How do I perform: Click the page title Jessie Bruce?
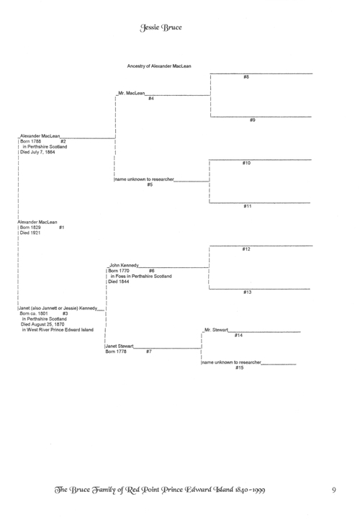161,27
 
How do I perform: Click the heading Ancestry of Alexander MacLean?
159,66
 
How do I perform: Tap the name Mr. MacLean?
132,93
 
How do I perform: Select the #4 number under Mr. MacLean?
151,99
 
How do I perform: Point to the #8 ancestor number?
246,77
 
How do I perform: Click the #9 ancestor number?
253,120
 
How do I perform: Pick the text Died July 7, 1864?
37,152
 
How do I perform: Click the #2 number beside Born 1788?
63,141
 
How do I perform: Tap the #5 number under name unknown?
150,184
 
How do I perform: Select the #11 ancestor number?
248,206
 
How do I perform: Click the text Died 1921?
30,233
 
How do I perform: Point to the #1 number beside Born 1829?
62,228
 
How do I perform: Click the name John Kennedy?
125,265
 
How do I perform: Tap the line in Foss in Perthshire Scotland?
141,277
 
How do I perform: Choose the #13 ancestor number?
248,292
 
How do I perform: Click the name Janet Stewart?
120,346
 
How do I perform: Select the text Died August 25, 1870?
42,324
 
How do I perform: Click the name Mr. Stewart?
217,330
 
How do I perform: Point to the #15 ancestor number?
240,368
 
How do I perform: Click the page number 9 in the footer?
334,490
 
